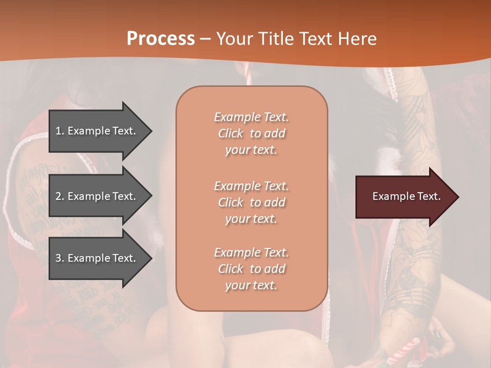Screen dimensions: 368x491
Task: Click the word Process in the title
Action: pos(161,39)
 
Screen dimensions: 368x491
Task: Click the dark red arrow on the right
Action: pos(404,197)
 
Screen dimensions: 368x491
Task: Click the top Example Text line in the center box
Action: pos(251,117)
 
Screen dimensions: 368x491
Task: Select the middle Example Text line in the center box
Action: pos(251,186)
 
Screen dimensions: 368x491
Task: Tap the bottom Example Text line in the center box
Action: pos(251,252)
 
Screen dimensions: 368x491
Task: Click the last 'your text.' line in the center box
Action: pos(251,286)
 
